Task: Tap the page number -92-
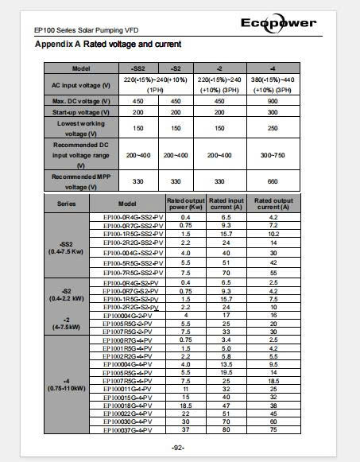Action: pos(179,448)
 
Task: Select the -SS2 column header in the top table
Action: pos(139,69)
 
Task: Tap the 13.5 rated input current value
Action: pos(225,364)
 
